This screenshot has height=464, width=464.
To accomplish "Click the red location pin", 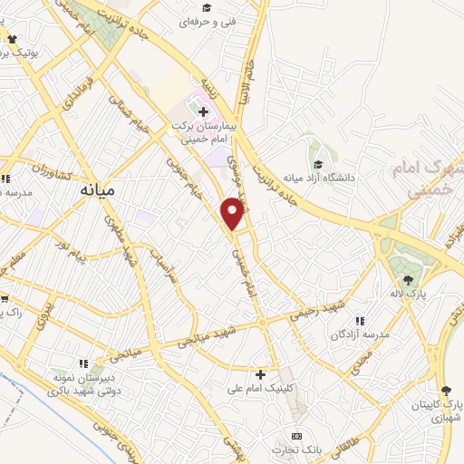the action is [x=234, y=212].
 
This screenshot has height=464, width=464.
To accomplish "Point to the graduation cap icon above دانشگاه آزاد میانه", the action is [x=318, y=164].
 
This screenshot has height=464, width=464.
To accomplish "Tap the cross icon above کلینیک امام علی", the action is [x=260, y=373].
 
